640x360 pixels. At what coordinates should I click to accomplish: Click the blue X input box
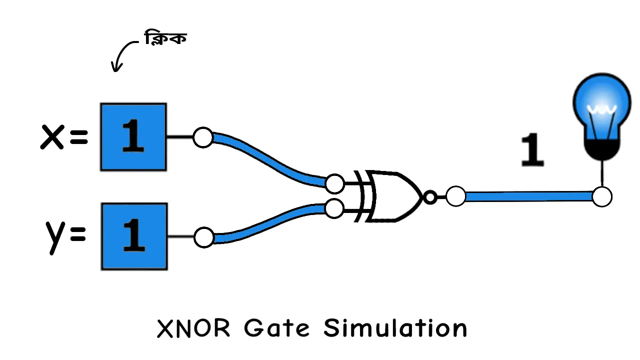click(133, 137)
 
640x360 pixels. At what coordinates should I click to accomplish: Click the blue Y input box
click(134, 236)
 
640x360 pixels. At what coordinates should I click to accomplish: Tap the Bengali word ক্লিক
click(165, 38)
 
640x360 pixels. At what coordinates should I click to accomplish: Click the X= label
click(63, 137)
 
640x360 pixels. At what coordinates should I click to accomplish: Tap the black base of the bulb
click(602, 149)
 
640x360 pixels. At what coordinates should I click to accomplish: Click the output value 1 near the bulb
click(532, 150)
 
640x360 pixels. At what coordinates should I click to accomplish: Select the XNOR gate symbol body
click(392, 196)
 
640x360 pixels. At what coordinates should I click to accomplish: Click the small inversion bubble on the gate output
click(429, 197)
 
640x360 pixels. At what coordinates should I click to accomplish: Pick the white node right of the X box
click(203, 137)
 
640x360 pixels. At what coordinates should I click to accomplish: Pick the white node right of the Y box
click(203, 237)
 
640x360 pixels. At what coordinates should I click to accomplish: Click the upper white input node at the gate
click(334, 183)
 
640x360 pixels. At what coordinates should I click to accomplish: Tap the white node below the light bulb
click(602, 196)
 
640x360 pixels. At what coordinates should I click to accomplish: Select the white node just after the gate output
click(455, 196)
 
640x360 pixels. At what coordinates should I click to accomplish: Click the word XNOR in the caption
click(194, 329)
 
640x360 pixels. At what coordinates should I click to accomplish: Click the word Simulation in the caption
click(395, 329)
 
